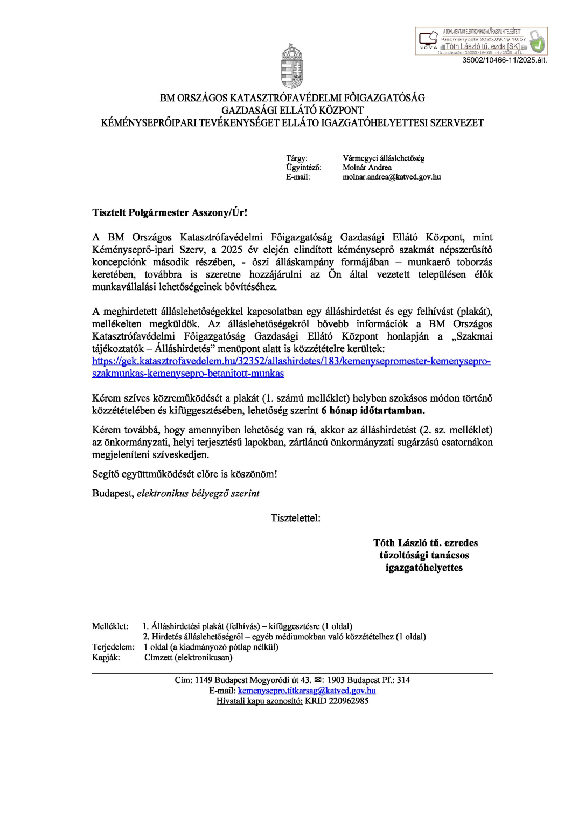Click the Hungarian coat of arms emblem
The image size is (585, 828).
292,66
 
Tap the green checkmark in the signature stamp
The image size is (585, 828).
537,42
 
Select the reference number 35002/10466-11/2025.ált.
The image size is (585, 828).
504,60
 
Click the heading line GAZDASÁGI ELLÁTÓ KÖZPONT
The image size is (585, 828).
292,110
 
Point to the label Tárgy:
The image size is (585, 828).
297,158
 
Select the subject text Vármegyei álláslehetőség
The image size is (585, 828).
384,158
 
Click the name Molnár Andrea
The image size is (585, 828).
367,168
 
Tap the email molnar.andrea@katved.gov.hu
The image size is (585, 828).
392,177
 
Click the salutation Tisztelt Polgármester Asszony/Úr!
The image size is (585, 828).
170,212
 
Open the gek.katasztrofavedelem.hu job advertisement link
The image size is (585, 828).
291,361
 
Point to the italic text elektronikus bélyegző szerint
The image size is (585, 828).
198,493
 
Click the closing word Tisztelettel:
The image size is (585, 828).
295,518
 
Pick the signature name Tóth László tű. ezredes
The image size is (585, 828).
426,543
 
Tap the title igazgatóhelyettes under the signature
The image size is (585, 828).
424,568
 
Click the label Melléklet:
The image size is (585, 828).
110,626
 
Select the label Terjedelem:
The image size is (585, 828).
113,647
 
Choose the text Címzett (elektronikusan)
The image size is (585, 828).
189,657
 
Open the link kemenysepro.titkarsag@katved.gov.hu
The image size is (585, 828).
307,691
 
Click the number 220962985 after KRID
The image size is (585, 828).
349,701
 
